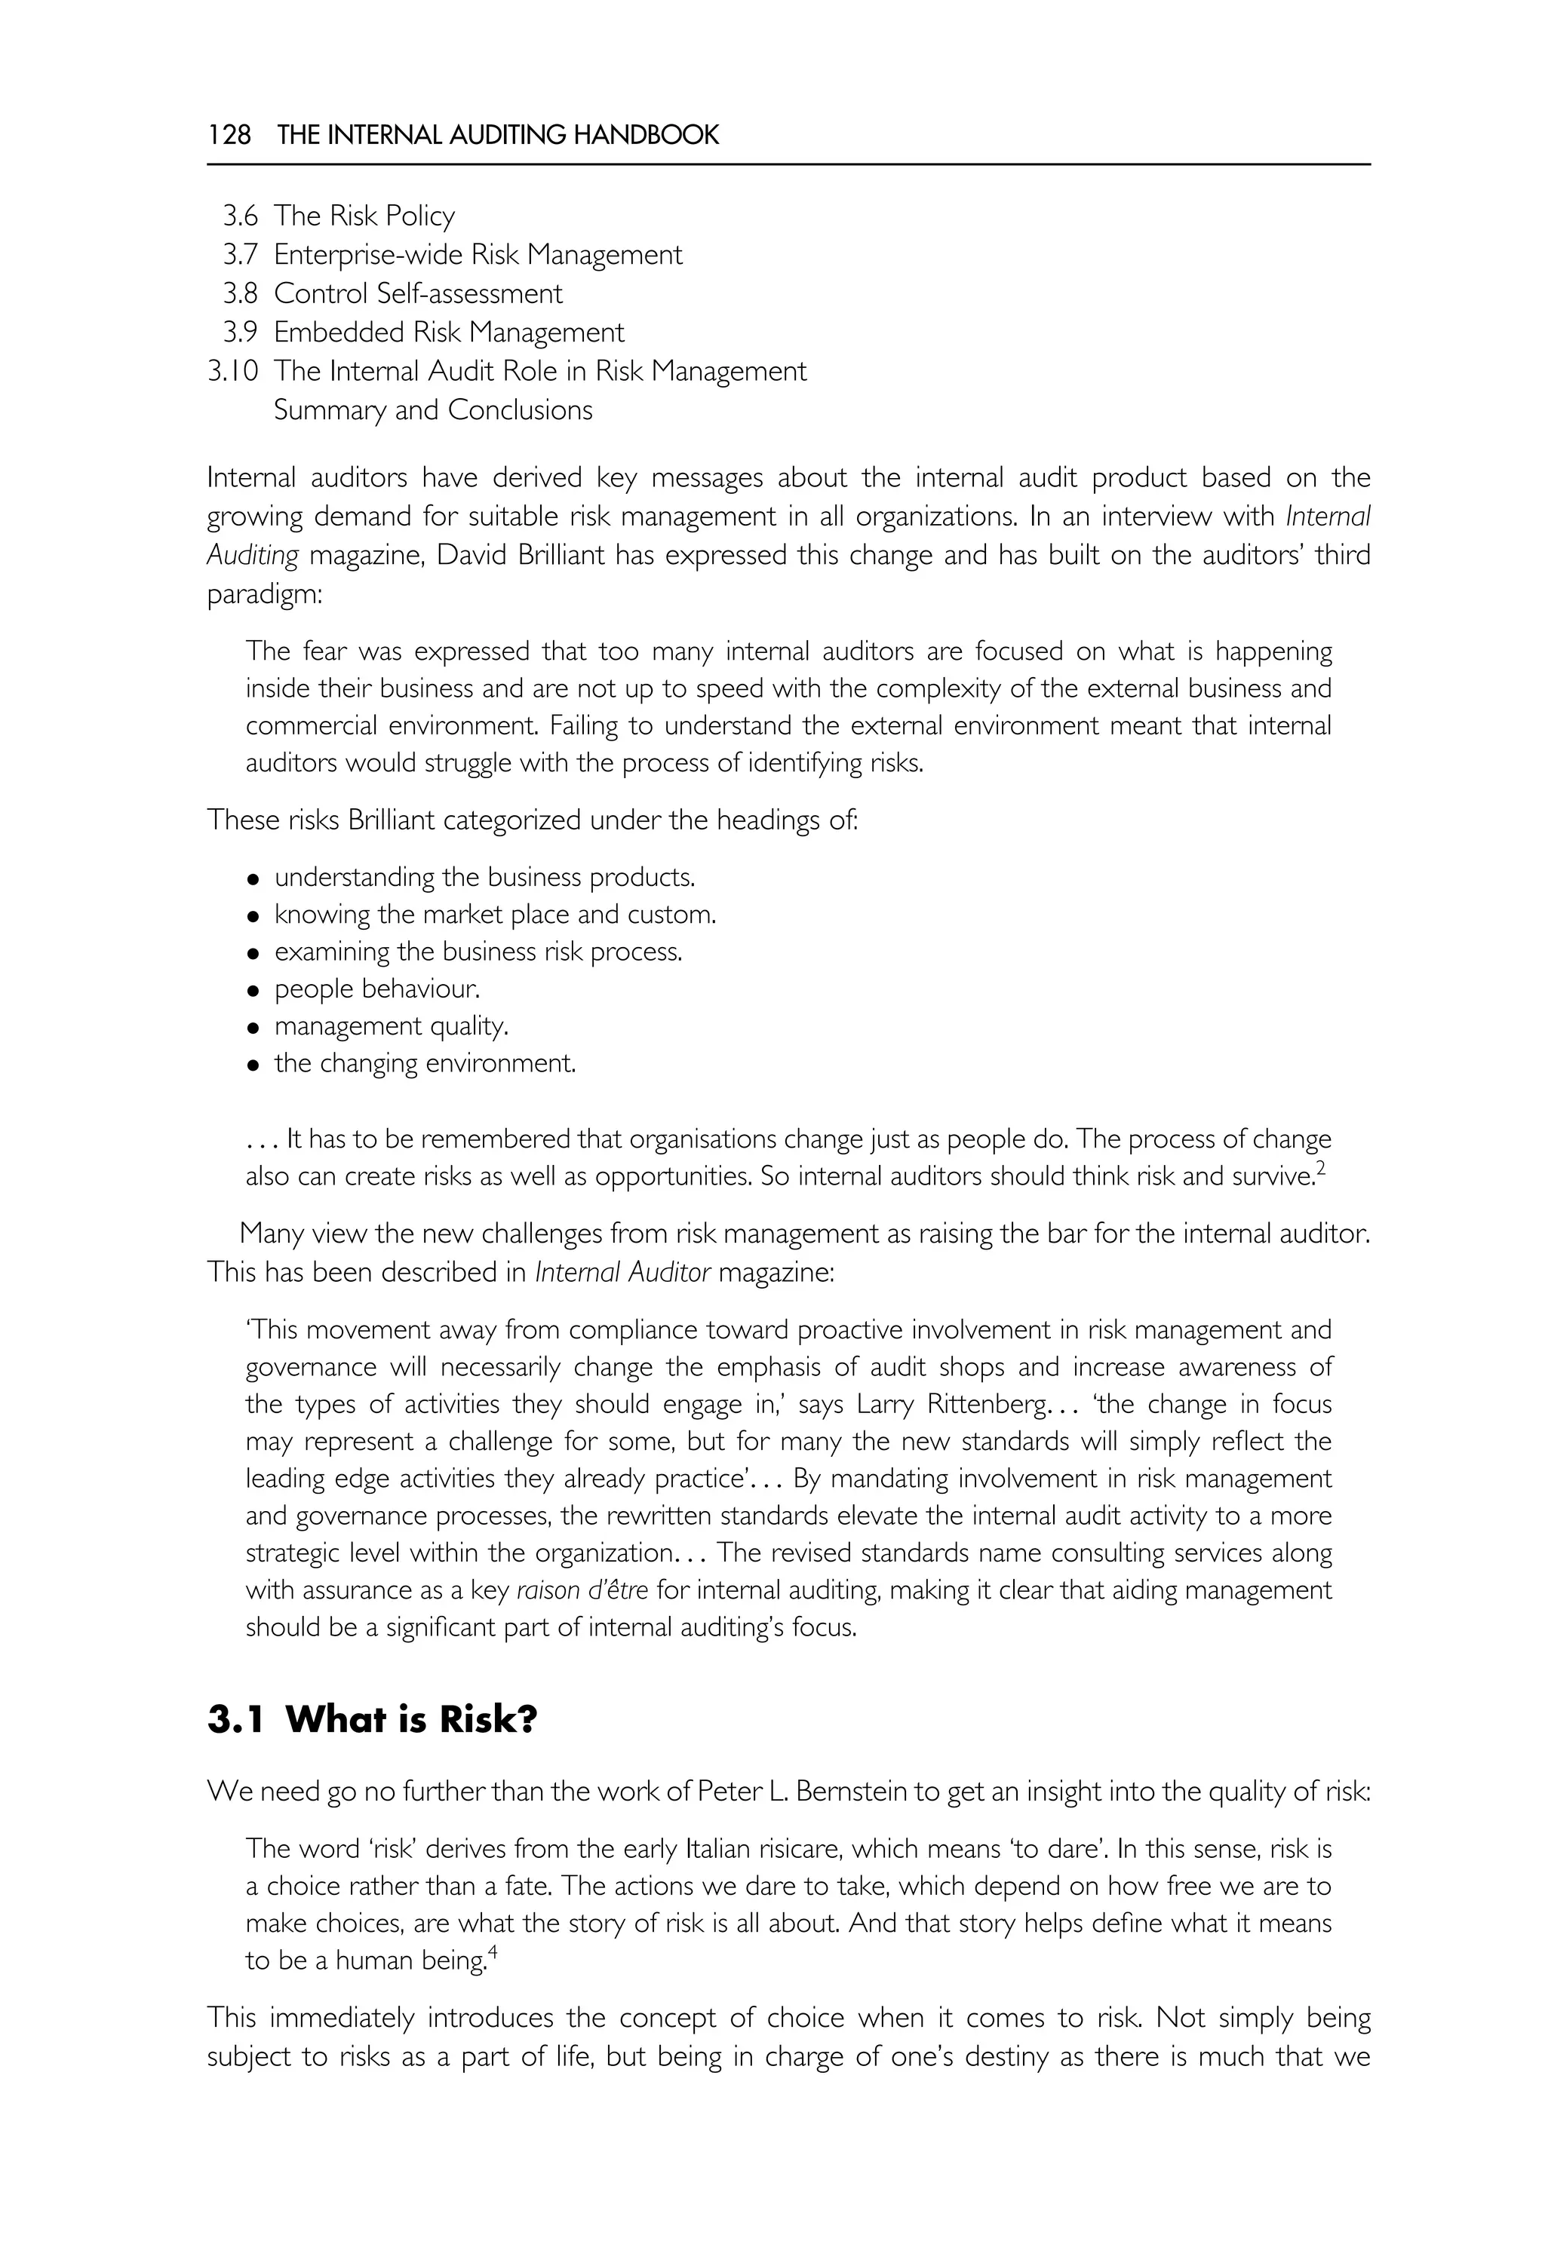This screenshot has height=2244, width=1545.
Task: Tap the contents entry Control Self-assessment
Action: [x=417, y=293]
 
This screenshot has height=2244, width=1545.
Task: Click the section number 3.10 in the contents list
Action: [x=232, y=371]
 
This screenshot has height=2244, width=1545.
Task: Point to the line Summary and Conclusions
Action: [x=433, y=410]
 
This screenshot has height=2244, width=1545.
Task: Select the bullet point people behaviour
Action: [x=376, y=989]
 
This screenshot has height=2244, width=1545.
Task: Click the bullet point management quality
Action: [x=391, y=1025]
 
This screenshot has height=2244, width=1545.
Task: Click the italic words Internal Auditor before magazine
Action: [x=622, y=1273]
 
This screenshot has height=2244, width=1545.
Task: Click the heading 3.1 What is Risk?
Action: [x=372, y=1719]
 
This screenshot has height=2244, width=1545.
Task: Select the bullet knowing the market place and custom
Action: [x=495, y=915]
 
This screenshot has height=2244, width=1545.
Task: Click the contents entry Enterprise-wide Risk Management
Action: [x=478, y=255]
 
